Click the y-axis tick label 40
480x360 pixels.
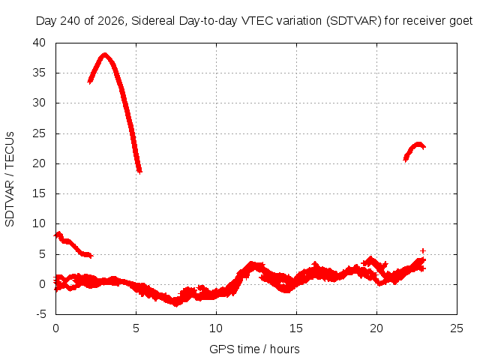click(x=39, y=43)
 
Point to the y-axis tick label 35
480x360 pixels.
click(x=39, y=73)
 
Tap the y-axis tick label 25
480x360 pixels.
click(x=39, y=133)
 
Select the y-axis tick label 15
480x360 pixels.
click(x=39, y=193)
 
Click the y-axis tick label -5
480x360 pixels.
click(x=40, y=314)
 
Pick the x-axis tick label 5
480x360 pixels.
click(x=136, y=328)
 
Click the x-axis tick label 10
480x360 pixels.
click(x=216, y=328)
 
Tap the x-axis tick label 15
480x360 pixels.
click(x=296, y=328)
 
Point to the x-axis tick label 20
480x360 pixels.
click(x=376, y=328)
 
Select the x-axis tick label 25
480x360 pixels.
click(x=457, y=328)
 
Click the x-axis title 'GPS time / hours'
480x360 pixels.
click(x=254, y=349)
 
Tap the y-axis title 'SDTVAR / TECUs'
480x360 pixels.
click(x=10, y=179)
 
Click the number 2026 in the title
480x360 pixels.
click(x=111, y=21)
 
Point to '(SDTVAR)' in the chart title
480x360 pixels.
click(x=353, y=21)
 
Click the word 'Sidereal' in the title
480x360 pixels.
click(x=153, y=21)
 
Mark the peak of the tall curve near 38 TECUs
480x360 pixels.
click(x=105, y=55)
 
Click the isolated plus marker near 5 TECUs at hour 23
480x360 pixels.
click(x=423, y=251)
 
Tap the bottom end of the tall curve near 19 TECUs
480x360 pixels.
click(x=139, y=171)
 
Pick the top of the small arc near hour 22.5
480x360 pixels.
click(x=418, y=144)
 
